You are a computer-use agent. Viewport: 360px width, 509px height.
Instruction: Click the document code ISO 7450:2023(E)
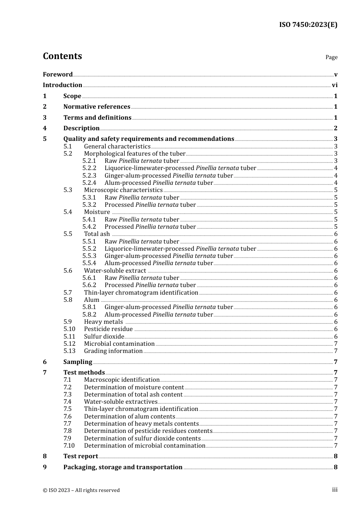pos(308,25)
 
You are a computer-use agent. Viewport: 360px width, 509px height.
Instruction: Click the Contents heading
pos(62,56)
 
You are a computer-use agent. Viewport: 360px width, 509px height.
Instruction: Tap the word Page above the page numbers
pos(331,57)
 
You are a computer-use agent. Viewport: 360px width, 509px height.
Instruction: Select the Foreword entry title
pos(58,74)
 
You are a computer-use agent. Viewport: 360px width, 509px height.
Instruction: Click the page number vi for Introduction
pos(335,85)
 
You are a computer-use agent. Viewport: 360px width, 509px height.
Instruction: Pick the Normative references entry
pos(97,107)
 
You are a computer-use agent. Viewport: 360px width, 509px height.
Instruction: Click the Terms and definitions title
pos(97,117)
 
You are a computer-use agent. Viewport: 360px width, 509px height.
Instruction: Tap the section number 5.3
pos(68,190)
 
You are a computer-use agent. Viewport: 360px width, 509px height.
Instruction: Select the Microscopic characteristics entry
pos(123,190)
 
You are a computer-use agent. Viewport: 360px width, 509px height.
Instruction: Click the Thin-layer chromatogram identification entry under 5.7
pos(141,293)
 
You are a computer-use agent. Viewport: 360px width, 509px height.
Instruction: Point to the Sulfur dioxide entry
pos(104,337)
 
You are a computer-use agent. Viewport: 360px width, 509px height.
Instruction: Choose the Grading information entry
pos(113,351)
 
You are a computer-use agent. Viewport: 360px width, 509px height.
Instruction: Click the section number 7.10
pos(69,446)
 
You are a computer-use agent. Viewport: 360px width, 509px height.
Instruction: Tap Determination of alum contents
pos(130,417)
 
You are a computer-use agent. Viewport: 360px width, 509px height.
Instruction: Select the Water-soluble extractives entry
pos(121,402)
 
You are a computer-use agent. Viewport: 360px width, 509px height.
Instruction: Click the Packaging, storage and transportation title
pos(123,467)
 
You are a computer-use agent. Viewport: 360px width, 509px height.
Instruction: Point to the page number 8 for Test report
pos(335,456)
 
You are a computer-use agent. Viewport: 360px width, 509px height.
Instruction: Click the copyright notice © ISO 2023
pos(81,490)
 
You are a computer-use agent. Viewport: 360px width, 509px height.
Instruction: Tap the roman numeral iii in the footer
pos(335,490)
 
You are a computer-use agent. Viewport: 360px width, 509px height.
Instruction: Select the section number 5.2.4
pos(89,183)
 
